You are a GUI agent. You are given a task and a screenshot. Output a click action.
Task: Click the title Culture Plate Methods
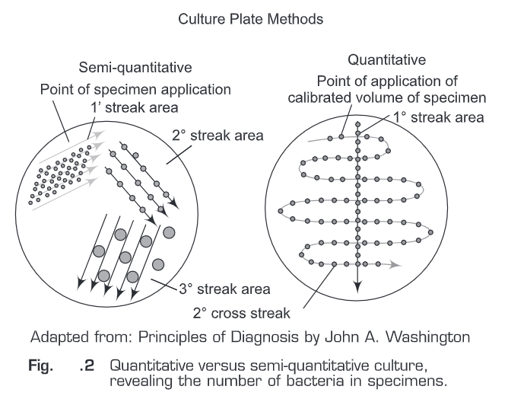click(x=250, y=19)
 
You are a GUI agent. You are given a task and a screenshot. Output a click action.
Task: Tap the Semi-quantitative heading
click(x=135, y=68)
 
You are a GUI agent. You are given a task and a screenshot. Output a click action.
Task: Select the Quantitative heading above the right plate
click(x=386, y=59)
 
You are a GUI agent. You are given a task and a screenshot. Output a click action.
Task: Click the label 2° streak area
click(x=217, y=136)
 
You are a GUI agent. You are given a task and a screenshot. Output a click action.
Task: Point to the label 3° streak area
click(x=224, y=289)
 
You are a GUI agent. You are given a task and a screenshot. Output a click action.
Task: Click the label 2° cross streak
click(x=241, y=314)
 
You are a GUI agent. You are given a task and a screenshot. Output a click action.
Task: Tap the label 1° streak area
click(x=439, y=117)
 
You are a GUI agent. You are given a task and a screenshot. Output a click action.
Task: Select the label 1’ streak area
click(x=135, y=107)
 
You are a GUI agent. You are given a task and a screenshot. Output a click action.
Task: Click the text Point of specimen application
click(x=135, y=90)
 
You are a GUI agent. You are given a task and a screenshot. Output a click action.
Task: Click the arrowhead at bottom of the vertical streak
click(x=357, y=287)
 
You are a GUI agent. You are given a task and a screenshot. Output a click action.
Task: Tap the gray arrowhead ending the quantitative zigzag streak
click(x=395, y=265)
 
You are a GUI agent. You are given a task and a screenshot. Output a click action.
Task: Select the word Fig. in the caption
click(x=40, y=366)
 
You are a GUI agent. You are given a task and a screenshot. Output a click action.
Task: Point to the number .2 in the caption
click(x=87, y=366)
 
